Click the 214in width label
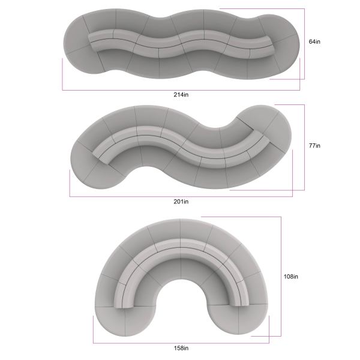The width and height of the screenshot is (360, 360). click(x=181, y=95)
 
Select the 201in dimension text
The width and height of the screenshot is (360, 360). click(x=181, y=201)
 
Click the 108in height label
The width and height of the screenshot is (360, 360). click(x=291, y=277)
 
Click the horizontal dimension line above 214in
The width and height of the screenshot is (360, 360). click(x=181, y=90)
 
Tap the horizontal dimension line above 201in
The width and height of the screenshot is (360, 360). click(x=181, y=196)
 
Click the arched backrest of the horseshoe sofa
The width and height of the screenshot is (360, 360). click(x=181, y=252)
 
